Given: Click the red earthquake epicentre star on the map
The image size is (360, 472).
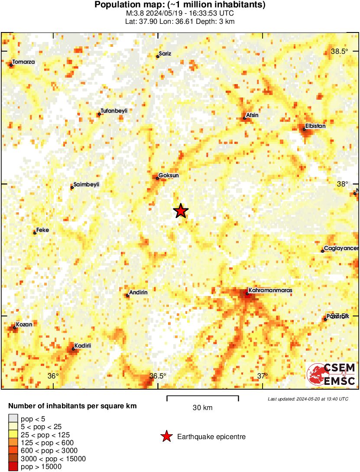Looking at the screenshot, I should (181, 211).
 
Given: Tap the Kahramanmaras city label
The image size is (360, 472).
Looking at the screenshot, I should (270, 290).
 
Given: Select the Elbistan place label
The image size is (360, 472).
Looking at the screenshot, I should (315, 126).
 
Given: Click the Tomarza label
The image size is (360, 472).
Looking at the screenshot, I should (24, 62).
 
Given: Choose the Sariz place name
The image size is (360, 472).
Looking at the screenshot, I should (165, 54).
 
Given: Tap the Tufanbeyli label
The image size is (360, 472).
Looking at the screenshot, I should (114, 111).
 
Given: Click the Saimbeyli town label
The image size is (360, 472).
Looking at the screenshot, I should (86, 185).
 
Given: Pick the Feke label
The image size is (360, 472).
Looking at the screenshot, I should (42, 230).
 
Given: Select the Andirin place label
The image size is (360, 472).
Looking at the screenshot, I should (138, 293).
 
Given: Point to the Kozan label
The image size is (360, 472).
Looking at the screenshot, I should (24, 324).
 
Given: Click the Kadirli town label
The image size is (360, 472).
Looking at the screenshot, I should (82, 346).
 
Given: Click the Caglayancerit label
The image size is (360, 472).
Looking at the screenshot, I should (341, 248).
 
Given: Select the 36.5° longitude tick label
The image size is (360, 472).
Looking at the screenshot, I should (158, 376).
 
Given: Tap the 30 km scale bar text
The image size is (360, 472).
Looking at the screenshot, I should (202, 408).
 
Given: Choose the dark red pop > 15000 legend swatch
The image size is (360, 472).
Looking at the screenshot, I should (13, 466).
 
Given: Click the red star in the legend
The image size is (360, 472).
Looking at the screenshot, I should (166, 437).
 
